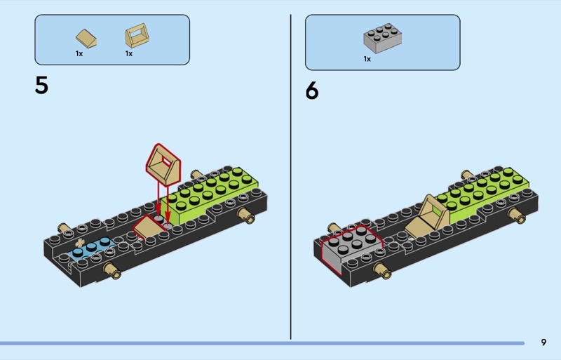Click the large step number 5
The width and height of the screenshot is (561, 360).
pyautogui.click(x=41, y=85)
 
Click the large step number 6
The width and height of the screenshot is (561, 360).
pyautogui.click(x=311, y=91)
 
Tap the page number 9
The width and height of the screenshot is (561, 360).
pyautogui.click(x=543, y=342)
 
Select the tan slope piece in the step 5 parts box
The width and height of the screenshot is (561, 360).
pyautogui.click(x=86, y=39)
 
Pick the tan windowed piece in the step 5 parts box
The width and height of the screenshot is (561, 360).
pyautogui.click(x=136, y=36)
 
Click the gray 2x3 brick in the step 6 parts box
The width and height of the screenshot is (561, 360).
pyautogui.click(x=382, y=38)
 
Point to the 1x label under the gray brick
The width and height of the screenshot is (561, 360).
pyautogui.click(x=367, y=59)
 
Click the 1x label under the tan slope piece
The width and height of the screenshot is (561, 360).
pyautogui.click(x=79, y=53)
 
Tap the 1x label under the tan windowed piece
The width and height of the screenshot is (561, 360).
pyautogui.click(x=129, y=53)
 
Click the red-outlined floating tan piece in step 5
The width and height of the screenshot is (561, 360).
pyautogui.click(x=163, y=164)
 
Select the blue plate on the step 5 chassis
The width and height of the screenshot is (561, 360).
pyautogui.click(x=93, y=247)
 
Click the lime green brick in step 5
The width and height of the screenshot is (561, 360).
pyautogui.click(x=208, y=195)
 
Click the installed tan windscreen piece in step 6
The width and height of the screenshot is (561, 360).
pyautogui.click(x=428, y=214)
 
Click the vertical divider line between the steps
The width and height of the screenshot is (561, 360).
pyautogui.click(x=290, y=177)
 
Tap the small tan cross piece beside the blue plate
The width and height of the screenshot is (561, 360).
pyautogui.click(x=80, y=242)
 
